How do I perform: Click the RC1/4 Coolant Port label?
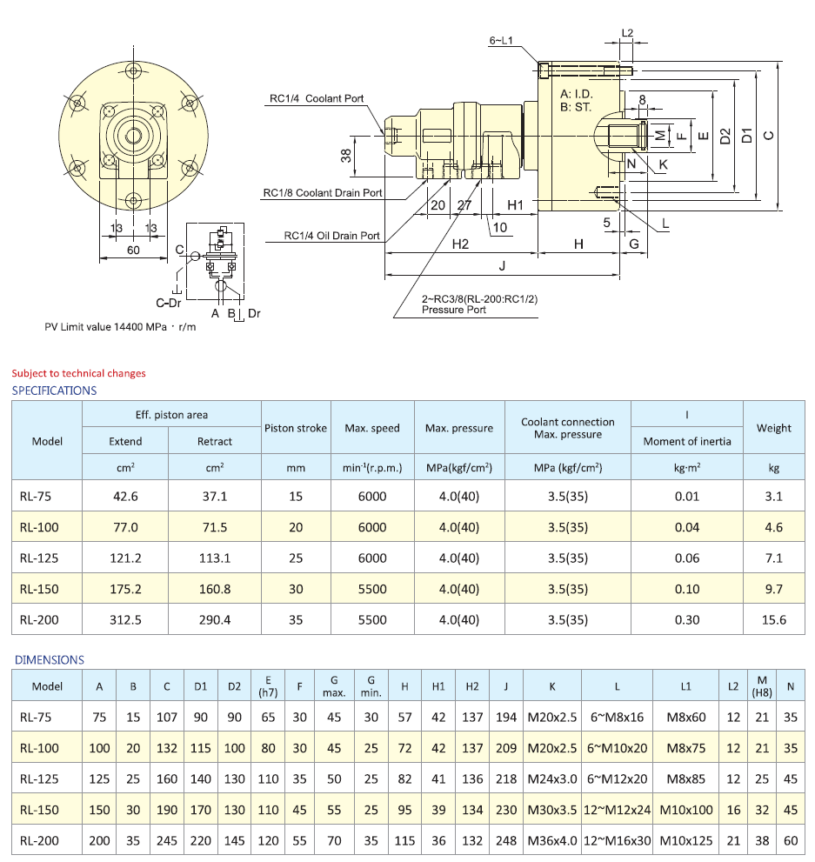point(316,99)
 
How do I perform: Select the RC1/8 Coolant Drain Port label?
point(323,193)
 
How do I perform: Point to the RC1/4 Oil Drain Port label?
point(332,236)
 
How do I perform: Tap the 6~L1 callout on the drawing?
point(503,41)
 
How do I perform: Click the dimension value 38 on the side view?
point(346,156)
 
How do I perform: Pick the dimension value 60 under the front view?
point(133,251)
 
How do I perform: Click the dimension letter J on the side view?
point(502,265)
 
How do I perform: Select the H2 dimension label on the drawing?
point(460,244)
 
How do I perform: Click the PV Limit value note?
point(127,328)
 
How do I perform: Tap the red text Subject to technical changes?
point(78,373)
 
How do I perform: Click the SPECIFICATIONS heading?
point(54,391)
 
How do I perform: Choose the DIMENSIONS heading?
point(50,660)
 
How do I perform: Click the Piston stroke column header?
point(296,428)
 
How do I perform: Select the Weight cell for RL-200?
point(773,620)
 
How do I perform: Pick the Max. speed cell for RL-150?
point(372,589)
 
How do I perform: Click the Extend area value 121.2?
point(125,558)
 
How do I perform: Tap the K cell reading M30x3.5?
point(551,810)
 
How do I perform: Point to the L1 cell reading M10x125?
point(686,841)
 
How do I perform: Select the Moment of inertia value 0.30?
point(686,620)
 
